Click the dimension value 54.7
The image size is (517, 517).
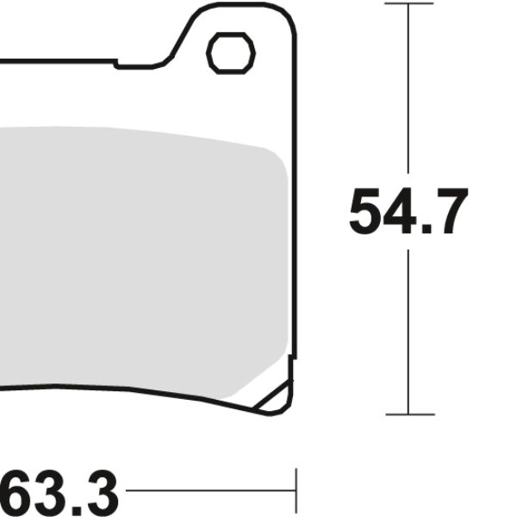click(x=408, y=212)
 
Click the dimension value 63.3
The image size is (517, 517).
click(x=59, y=493)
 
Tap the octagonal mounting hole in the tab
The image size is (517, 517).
click(x=231, y=53)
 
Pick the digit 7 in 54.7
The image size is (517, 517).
click(x=449, y=212)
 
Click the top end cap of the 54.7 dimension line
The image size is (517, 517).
click(x=408, y=3)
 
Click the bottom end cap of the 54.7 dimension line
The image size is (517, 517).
click(x=408, y=414)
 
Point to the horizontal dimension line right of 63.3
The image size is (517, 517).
click(x=207, y=492)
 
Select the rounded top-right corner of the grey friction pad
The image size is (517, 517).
click(x=274, y=156)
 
